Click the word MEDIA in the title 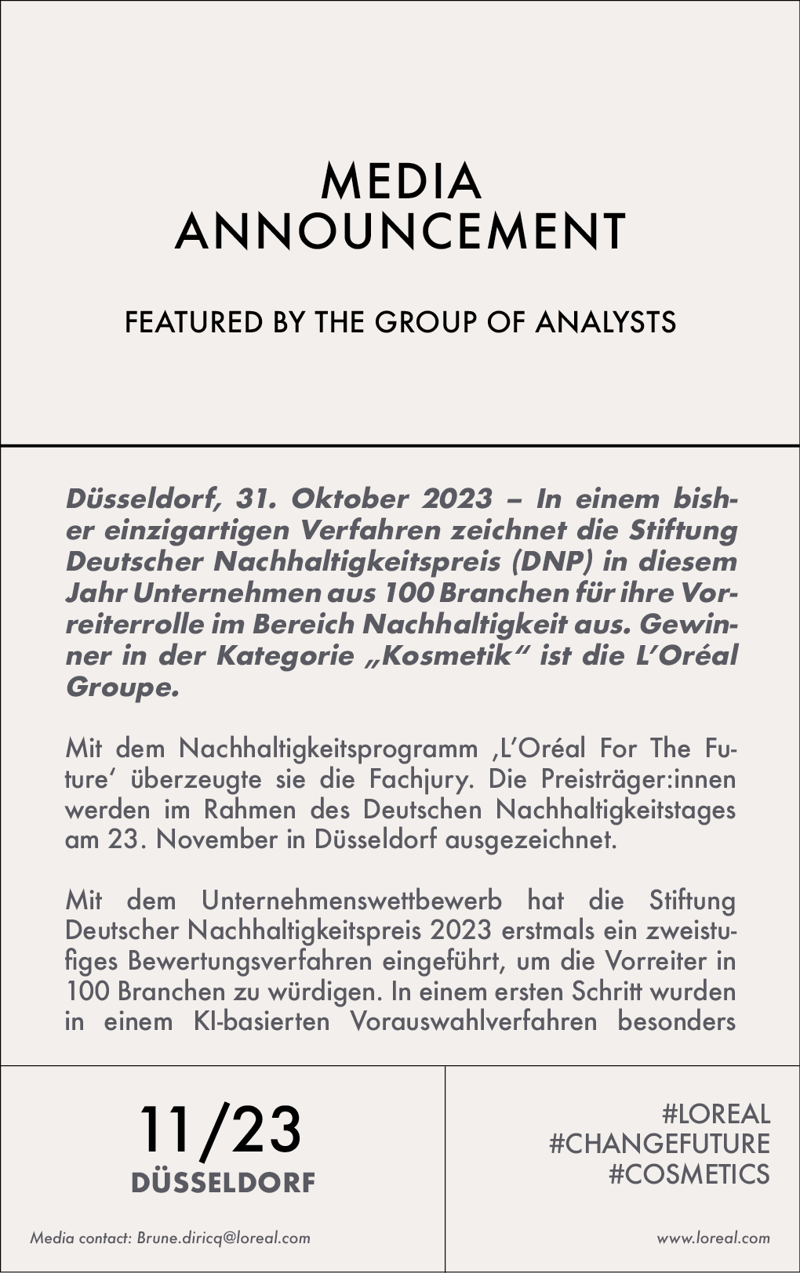(x=400, y=182)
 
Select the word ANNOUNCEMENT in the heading (x=400, y=232)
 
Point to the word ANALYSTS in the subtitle (x=605, y=322)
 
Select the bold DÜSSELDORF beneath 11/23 (x=223, y=1182)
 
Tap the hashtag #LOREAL (x=716, y=1114)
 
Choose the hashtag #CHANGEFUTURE (x=660, y=1144)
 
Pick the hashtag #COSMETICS (x=689, y=1173)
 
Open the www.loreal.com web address (x=713, y=1239)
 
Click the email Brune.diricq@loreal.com (x=224, y=1239)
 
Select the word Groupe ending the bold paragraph (x=122, y=687)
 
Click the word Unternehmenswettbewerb (x=351, y=900)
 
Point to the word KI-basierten (x=261, y=1021)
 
